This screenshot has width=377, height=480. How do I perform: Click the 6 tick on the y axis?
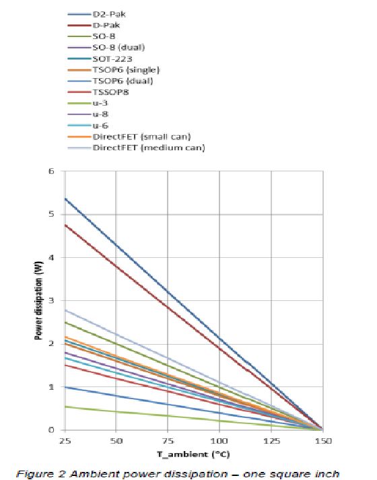pyautogui.click(x=56, y=172)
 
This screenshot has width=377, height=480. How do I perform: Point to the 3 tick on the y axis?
pyautogui.click(x=56, y=300)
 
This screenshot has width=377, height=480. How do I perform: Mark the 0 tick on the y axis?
pyautogui.click(x=56, y=430)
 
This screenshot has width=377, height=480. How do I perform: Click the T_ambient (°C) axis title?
pyautogui.click(x=194, y=454)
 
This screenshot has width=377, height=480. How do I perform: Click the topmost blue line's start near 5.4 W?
pyautogui.click(x=65, y=199)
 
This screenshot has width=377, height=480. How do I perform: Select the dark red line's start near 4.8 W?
pyautogui.click(x=65, y=225)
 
